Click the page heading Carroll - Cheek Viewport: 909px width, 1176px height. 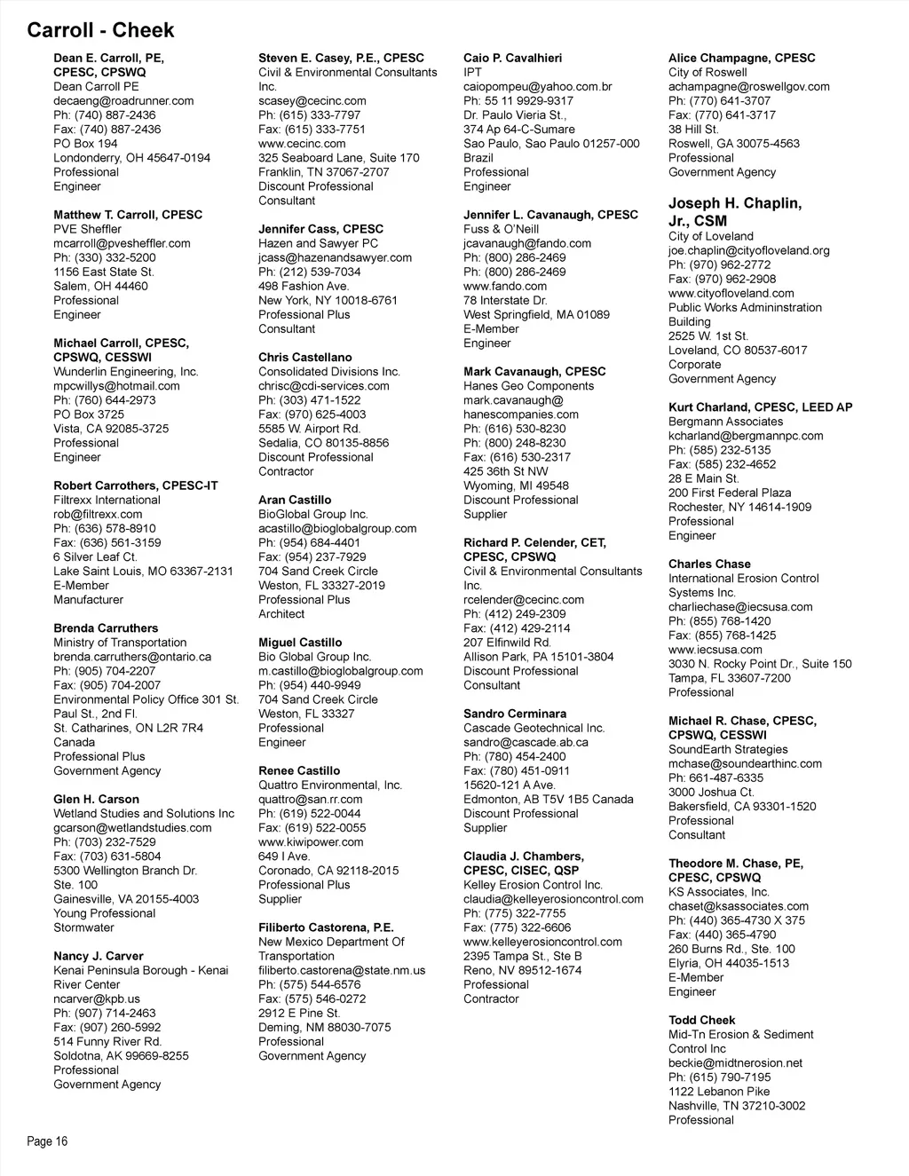coord(100,30)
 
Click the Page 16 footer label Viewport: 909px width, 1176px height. coord(47,1141)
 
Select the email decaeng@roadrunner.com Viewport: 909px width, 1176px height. coord(123,100)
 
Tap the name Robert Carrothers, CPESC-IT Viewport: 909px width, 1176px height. coord(135,485)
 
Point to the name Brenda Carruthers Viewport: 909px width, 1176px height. coord(106,627)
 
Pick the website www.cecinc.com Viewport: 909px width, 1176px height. coord(302,143)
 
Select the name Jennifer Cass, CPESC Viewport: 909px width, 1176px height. coord(320,229)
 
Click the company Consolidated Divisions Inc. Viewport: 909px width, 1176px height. coord(329,372)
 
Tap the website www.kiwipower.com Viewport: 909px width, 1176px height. coord(311,841)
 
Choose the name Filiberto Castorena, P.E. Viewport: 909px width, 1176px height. coord(326,927)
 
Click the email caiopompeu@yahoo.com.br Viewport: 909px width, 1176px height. coord(538,86)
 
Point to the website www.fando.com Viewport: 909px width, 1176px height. coord(505,286)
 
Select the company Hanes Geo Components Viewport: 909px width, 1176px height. coord(529,386)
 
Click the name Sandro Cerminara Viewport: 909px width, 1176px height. coord(515,714)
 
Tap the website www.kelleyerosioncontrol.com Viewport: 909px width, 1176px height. coord(542,942)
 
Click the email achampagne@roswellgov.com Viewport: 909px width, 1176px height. coord(749,86)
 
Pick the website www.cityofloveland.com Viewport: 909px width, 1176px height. coord(731,293)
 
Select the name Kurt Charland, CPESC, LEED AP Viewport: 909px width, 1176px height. coord(761,407)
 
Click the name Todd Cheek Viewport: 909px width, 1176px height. coord(701,1020)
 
